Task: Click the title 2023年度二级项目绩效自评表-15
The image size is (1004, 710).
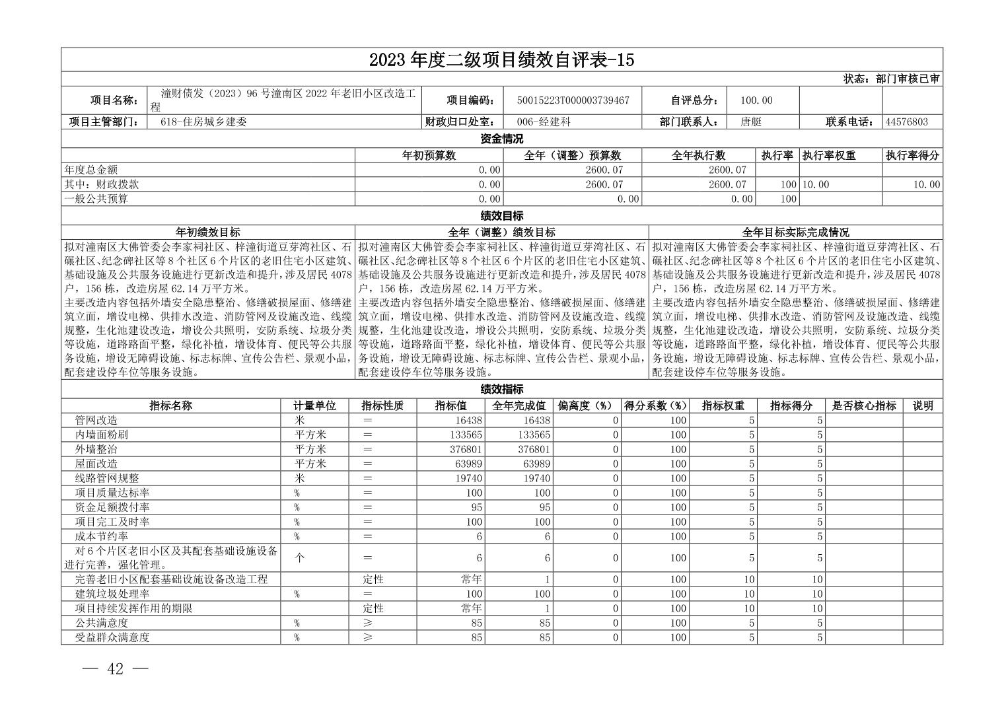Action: pyautogui.click(x=501, y=59)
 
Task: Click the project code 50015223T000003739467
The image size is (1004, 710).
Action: pyautogui.click(x=573, y=100)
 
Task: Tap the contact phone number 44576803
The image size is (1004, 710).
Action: pyautogui.click(x=906, y=122)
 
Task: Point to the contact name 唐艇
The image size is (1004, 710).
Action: pyautogui.click(x=751, y=122)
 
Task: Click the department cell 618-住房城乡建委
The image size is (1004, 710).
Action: pyautogui.click(x=203, y=122)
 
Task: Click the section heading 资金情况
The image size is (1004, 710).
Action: pyautogui.click(x=501, y=139)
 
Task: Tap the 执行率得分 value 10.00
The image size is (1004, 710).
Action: pyautogui.click(x=926, y=184)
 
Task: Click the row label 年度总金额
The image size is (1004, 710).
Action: pyautogui.click(x=91, y=170)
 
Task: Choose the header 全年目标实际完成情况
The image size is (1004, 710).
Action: pyautogui.click(x=795, y=232)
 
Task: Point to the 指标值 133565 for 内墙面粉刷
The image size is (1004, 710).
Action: pyautogui.click(x=464, y=435)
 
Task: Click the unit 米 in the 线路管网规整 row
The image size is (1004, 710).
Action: pyautogui.click(x=299, y=478)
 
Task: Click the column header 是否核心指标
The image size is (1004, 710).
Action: pyautogui.click(x=864, y=406)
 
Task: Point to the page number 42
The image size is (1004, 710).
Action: pyautogui.click(x=115, y=669)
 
